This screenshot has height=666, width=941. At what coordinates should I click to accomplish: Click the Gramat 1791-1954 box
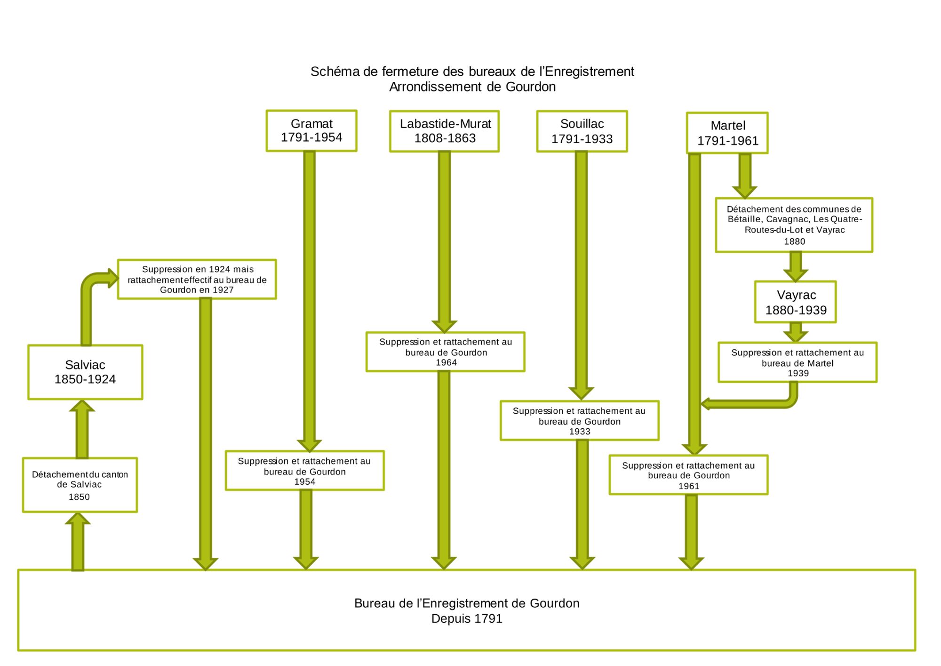(x=311, y=131)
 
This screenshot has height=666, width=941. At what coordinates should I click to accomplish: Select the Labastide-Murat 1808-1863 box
(x=445, y=131)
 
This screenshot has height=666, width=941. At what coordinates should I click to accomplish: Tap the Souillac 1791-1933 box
(x=582, y=131)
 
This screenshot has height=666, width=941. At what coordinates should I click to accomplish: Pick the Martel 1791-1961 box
(x=727, y=133)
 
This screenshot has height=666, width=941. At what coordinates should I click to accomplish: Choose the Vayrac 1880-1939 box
(x=796, y=302)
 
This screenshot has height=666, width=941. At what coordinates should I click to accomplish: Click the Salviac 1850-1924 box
(x=85, y=372)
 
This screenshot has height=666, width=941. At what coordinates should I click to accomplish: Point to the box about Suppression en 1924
(x=197, y=279)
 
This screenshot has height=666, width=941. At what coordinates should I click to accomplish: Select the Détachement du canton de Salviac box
(x=80, y=485)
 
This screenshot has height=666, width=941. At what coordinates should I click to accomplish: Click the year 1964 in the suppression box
(x=446, y=363)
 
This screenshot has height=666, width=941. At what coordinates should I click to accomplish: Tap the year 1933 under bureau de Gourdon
(x=580, y=432)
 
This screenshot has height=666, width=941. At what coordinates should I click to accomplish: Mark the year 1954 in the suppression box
(x=305, y=482)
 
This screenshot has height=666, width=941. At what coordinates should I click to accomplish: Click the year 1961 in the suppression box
(x=689, y=486)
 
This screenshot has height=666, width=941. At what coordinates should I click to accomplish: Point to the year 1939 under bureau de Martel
(x=798, y=373)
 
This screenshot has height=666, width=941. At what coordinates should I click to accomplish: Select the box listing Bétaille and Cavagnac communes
(x=794, y=225)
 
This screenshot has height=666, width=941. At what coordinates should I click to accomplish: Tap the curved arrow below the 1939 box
(x=762, y=403)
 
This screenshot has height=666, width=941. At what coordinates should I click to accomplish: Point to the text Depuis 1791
(x=467, y=618)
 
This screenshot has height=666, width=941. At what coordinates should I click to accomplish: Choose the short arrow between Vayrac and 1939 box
(x=796, y=332)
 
